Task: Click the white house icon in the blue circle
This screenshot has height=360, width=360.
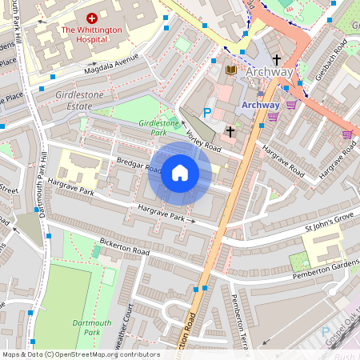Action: (180, 173)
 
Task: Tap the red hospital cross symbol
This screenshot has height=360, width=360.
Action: (92, 17)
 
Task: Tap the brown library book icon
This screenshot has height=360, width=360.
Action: (232, 71)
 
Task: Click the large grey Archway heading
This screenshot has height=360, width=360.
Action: (270, 72)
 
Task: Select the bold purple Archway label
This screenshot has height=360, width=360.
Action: (260, 105)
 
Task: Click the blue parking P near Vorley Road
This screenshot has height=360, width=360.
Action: (208, 113)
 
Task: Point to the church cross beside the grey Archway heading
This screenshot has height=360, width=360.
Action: (277, 59)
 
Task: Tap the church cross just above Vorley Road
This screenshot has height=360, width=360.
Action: (230, 130)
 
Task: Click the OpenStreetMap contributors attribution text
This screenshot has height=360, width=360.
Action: (80, 354)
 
